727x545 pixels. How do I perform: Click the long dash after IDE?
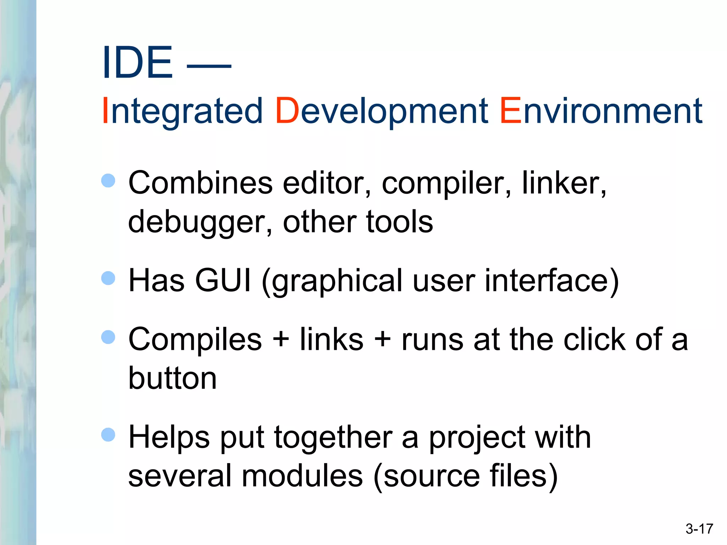click(x=209, y=66)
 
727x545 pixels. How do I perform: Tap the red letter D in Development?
click(x=287, y=111)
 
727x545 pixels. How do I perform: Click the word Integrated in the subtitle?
click(x=182, y=112)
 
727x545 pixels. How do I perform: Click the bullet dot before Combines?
click(x=108, y=181)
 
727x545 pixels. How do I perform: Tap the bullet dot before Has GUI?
click(x=108, y=278)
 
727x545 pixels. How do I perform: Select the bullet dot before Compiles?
click(x=108, y=337)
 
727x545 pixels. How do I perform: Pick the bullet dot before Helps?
click(x=108, y=435)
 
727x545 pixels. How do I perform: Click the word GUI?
click(x=223, y=280)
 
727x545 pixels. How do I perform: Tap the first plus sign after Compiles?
click(x=281, y=339)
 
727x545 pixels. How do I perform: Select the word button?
click(x=172, y=378)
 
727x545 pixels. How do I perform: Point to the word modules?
click(x=302, y=476)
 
